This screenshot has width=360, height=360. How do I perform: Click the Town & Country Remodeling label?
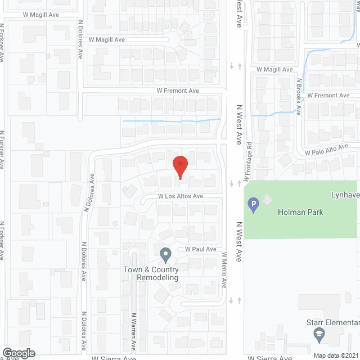point(151,273)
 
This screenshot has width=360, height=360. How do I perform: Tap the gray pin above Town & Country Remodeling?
point(165,255)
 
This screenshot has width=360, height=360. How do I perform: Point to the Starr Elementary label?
point(332,322)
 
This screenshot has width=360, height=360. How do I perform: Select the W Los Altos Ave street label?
point(180,196)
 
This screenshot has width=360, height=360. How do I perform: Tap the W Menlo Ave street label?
point(224,270)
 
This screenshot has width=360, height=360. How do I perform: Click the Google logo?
point(19,353)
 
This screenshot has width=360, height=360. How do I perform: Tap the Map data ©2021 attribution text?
point(335,355)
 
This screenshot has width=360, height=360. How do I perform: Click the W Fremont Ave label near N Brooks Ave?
point(328,96)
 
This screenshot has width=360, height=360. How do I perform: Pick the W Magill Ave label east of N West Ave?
point(274,69)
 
